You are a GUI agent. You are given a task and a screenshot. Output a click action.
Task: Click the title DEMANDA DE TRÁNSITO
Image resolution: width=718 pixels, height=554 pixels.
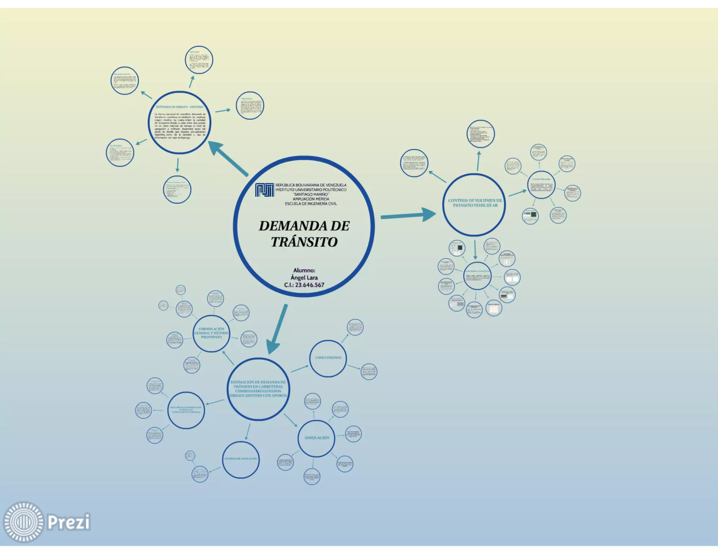(304, 234)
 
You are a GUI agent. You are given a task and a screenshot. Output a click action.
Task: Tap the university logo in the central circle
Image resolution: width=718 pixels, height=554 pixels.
(264, 190)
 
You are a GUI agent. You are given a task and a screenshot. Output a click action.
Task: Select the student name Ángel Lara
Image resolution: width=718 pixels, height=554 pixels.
(304, 277)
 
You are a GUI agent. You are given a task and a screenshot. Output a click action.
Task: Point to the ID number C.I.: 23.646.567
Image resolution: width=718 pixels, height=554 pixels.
(304, 285)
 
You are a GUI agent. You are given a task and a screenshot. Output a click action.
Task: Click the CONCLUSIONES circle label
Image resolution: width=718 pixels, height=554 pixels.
(328, 358)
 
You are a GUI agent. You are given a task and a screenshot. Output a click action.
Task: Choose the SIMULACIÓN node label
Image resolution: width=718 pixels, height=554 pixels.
(317, 438)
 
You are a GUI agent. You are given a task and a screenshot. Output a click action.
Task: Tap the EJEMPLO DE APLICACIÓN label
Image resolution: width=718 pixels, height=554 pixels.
(241, 458)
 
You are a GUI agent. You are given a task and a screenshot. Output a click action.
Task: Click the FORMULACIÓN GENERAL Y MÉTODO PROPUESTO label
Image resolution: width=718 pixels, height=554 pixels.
(211, 333)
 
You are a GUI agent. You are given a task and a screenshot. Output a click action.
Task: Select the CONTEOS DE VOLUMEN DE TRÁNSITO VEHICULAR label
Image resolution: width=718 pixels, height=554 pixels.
(475, 203)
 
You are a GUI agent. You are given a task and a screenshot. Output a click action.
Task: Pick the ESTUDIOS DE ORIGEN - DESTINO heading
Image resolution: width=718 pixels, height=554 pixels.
(179, 107)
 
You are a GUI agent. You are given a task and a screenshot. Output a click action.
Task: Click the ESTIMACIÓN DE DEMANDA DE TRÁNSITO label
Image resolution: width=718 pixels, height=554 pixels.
(258, 389)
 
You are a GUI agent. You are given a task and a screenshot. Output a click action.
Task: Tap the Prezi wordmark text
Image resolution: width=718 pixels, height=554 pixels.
(69, 522)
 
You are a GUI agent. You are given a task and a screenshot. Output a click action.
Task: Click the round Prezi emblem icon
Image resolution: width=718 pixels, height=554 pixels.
(23, 522)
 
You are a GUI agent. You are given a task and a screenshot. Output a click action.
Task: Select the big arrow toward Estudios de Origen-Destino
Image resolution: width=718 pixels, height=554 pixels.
(228, 158)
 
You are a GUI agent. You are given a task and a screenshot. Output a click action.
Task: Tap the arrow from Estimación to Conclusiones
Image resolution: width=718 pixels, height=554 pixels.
(300, 368)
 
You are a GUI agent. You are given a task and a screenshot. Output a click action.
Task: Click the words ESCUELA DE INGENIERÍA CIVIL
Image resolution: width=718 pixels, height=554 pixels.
(311, 203)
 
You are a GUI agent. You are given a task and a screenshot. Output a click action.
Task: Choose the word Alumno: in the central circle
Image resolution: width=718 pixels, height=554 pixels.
(304, 270)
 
